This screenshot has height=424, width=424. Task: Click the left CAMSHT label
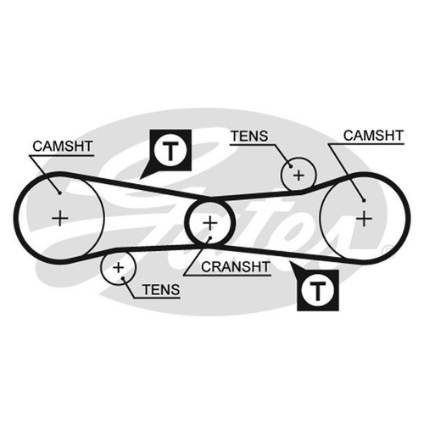(63, 146)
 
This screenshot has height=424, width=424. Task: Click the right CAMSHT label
(373, 136)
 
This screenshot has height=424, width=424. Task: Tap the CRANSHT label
(236, 267)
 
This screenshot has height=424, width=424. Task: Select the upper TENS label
(249, 137)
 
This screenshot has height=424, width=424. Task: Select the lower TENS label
(161, 289)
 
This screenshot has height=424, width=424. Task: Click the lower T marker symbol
(318, 291)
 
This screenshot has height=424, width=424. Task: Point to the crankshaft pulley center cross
(209, 223)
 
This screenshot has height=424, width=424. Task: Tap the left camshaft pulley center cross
(60, 218)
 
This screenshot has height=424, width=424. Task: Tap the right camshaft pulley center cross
(364, 218)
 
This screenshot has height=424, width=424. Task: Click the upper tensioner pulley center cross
(298, 176)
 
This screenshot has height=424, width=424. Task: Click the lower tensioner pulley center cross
(119, 267)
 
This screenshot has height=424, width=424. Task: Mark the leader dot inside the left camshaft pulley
(60, 193)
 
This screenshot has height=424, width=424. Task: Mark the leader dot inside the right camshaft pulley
(364, 200)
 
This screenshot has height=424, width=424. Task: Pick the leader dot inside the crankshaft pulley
(210, 237)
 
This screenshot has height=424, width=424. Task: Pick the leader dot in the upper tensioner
(290, 166)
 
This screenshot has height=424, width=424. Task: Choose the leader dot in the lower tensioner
(123, 278)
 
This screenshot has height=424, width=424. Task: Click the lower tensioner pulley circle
(136, 267)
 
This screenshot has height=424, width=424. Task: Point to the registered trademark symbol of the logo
(385, 250)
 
